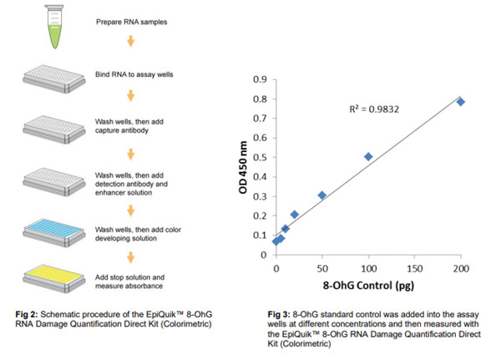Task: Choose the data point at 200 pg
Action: coord(460,102)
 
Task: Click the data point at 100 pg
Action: coord(368,156)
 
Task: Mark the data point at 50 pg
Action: coord(322,195)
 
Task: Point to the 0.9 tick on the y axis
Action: coord(261,79)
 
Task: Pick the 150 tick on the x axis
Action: coord(414,270)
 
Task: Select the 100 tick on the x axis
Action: coord(368,270)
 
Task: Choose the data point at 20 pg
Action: coord(294,215)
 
